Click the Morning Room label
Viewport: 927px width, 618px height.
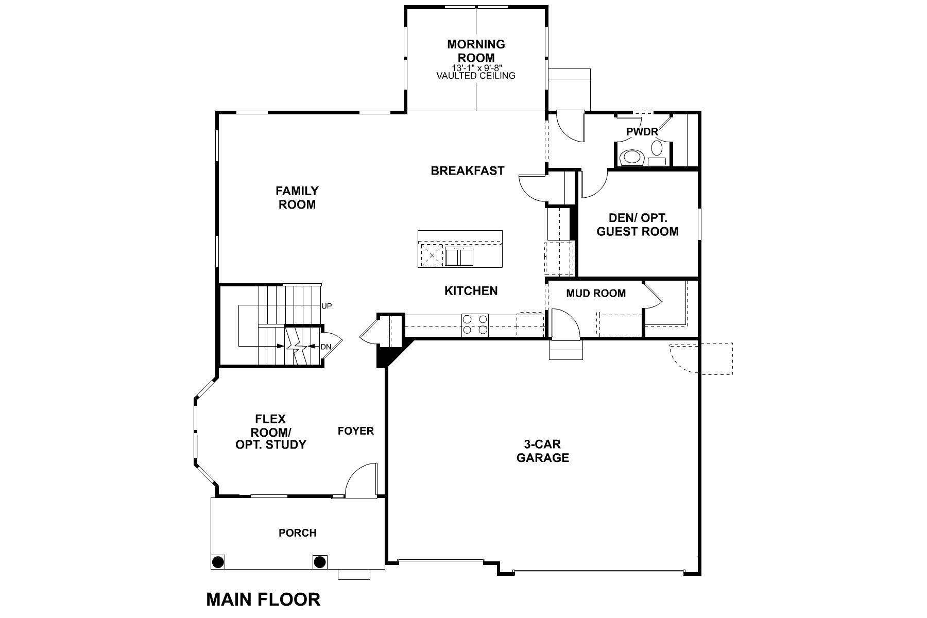[x=476, y=51]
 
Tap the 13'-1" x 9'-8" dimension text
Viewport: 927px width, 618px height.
[x=476, y=67]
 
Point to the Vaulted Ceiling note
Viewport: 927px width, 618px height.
[x=476, y=76]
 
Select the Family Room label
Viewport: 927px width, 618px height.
[x=297, y=198]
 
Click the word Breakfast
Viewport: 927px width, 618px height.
[x=468, y=170]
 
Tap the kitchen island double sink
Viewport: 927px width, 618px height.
[x=459, y=256]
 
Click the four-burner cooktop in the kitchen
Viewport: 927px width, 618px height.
[x=475, y=324]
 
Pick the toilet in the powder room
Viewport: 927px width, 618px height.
[x=632, y=157]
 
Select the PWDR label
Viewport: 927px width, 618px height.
[x=642, y=132]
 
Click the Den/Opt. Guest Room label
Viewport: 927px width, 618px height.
[x=638, y=225]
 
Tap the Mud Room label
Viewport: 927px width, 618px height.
[x=596, y=294]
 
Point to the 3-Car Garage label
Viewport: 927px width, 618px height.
[x=543, y=451]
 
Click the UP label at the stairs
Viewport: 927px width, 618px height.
[x=327, y=306]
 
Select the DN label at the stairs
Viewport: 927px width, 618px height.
[x=326, y=347]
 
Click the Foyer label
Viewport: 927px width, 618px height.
[x=356, y=431]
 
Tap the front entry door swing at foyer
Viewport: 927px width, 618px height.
[x=362, y=480]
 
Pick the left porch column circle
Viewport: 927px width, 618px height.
[x=218, y=561]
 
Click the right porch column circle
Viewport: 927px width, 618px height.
[x=320, y=561]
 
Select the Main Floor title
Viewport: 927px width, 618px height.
[x=263, y=599]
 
